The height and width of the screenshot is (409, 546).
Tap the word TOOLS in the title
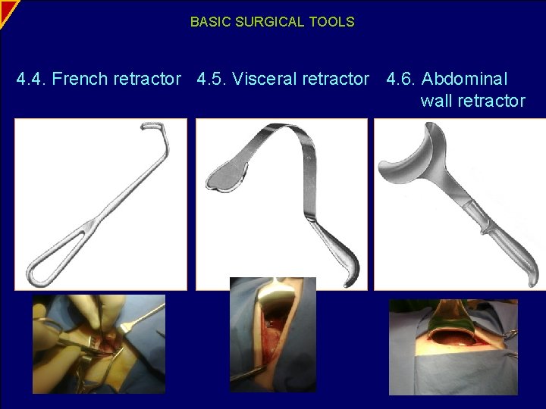click(x=331, y=22)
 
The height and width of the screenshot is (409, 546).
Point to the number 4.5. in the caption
click(x=212, y=79)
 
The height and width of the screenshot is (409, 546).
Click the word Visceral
click(x=265, y=79)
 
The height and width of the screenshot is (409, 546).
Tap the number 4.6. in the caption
click(x=401, y=79)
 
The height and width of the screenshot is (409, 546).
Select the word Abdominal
click(x=465, y=79)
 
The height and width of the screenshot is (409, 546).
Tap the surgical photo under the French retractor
click(x=99, y=344)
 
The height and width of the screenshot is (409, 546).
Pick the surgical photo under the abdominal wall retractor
click(x=453, y=346)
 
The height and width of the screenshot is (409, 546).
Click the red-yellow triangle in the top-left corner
click(x=6, y=8)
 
